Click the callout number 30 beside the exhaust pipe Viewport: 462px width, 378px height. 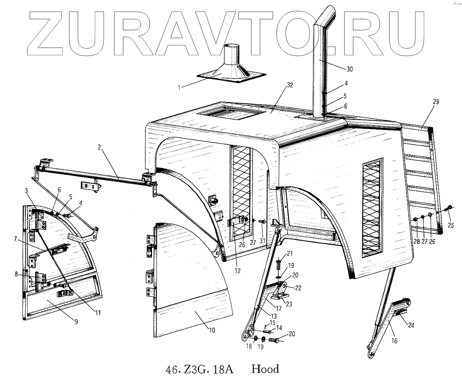(x=349, y=69)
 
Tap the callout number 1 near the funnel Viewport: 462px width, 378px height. (x=179, y=88)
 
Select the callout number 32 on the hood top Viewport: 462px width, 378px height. (x=289, y=85)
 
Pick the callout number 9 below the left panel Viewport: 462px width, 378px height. (x=76, y=322)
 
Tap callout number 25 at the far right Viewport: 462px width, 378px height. (x=451, y=225)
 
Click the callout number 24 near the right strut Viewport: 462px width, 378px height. (x=411, y=325)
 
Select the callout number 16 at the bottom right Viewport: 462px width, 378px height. (x=394, y=340)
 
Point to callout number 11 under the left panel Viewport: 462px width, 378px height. (x=97, y=313)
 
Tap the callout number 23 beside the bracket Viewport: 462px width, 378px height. (x=289, y=304)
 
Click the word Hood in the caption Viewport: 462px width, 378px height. (x=265, y=369)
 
